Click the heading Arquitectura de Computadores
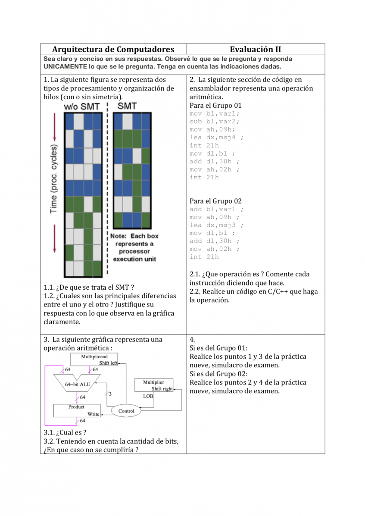coord(113,50)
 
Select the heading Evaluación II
coord(256,50)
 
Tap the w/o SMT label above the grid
coord(81,106)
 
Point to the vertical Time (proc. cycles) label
coord(53,179)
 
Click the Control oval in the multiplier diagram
coord(126,411)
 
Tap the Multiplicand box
coord(94,360)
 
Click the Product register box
coord(77,411)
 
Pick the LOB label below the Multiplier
coord(148,396)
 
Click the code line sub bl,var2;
coord(215,122)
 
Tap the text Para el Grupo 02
coord(216,201)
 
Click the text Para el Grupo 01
coord(216,106)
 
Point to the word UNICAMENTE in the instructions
coord(65,66)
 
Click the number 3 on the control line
coord(110,394)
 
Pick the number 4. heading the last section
coord(192,340)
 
